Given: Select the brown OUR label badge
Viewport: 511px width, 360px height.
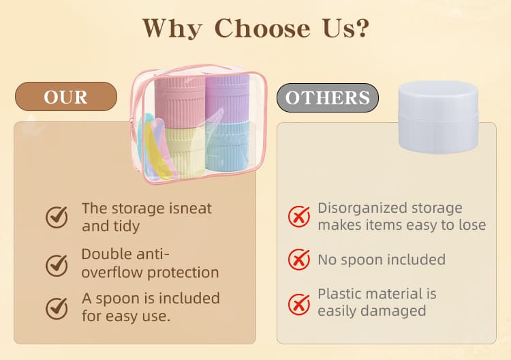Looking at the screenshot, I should click(x=66, y=97).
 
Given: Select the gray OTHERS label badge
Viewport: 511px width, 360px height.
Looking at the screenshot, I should click(x=327, y=98).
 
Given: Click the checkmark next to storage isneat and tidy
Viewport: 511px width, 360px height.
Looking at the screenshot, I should click(x=57, y=217).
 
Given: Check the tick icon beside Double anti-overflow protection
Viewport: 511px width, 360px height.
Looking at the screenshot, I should click(x=57, y=263).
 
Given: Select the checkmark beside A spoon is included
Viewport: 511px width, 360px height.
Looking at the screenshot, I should click(x=57, y=307).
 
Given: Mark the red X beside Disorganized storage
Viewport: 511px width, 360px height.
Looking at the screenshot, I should click(x=299, y=216).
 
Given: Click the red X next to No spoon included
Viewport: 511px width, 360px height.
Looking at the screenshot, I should click(x=299, y=259).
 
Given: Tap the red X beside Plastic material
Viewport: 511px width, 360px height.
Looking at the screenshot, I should click(x=299, y=303).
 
